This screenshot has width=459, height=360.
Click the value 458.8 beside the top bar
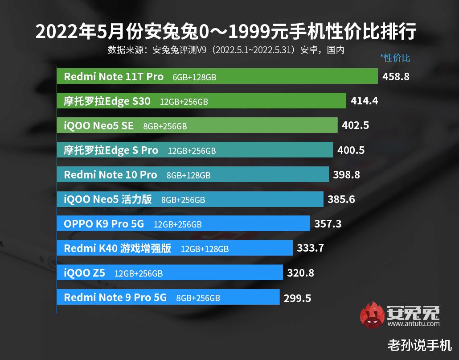(396, 76)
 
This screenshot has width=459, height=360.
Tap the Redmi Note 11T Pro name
(114, 76)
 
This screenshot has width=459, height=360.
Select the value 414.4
(364, 101)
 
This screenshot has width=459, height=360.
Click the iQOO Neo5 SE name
(98, 126)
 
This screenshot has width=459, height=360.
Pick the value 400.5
(351, 150)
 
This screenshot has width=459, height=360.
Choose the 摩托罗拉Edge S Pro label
(111, 150)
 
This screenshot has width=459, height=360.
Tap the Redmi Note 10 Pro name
(111, 175)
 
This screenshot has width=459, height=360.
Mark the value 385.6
(341, 199)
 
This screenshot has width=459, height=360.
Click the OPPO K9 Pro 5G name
(104, 223)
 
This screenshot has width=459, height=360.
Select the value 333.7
(310, 248)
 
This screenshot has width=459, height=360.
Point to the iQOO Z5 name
(84, 273)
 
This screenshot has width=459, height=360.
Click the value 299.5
(297, 298)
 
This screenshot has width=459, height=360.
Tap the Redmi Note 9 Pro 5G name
(115, 297)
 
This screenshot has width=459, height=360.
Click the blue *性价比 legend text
(395, 58)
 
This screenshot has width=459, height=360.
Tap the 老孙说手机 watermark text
(419, 345)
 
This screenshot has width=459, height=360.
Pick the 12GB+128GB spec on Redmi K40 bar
(205, 249)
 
